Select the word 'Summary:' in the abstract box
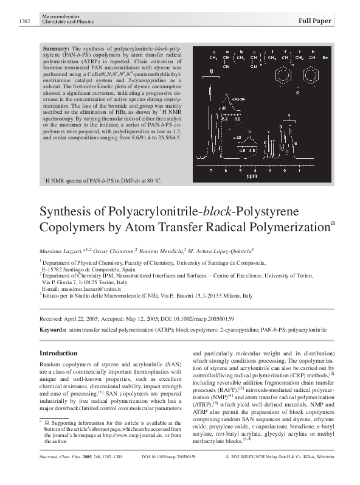pos(56,47)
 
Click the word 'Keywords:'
pos(52,329)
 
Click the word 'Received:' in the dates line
pos(51,318)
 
